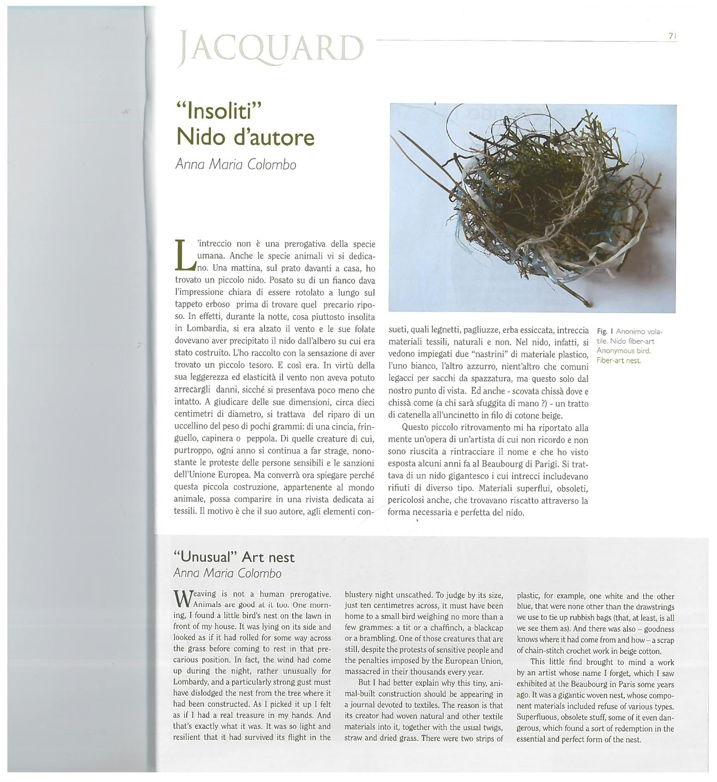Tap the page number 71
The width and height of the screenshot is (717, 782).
coord(672,36)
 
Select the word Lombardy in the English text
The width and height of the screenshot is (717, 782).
coord(191,682)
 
